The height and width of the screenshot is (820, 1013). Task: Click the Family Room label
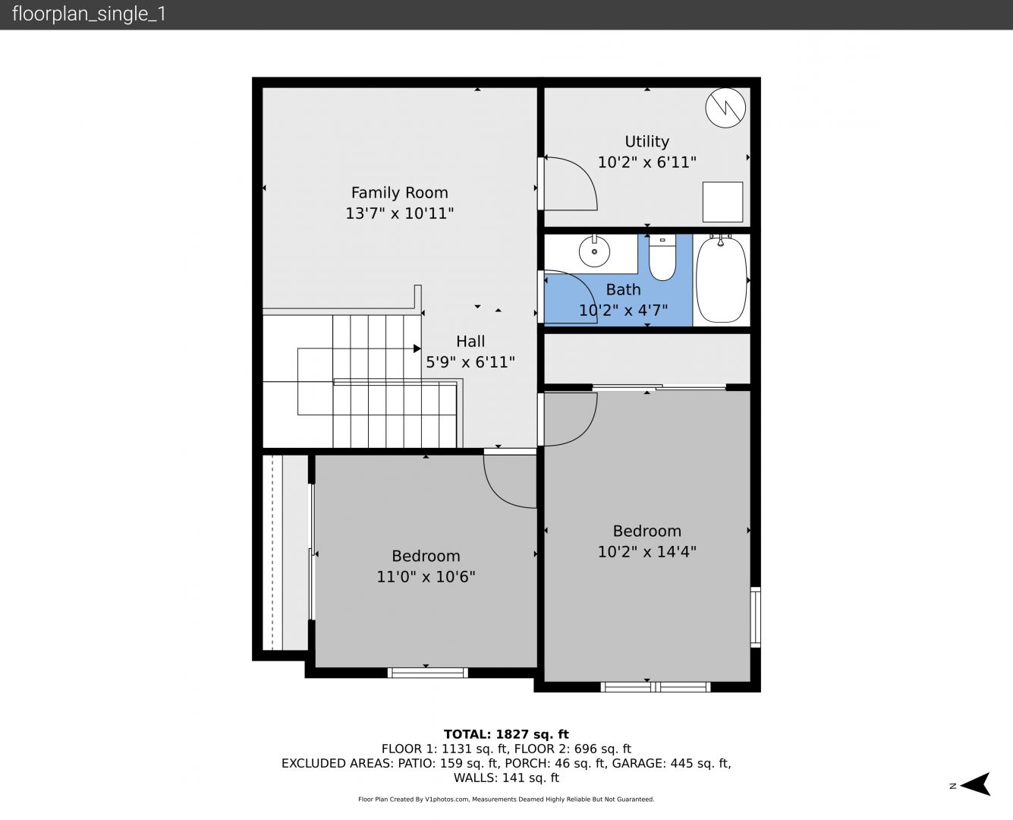pyautogui.click(x=399, y=193)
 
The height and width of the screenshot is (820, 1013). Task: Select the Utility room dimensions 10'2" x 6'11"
pyautogui.click(x=646, y=162)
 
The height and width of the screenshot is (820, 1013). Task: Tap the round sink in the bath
pyautogui.click(x=594, y=251)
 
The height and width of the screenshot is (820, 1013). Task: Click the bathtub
pyautogui.click(x=721, y=280)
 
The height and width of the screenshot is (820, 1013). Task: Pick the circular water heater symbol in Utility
pyautogui.click(x=725, y=108)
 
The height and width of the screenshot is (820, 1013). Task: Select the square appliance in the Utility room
pyautogui.click(x=723, y=202)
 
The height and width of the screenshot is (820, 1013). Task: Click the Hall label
pyautogui.click(x=470, y=341)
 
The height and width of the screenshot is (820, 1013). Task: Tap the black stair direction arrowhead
pyautogui.click(x=417, y=348)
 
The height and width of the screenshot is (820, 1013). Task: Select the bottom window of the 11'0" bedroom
pyautogui.click(x=427, y=673)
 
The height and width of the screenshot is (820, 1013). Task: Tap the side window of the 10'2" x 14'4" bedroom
pyautogui.click(x=755, y=617)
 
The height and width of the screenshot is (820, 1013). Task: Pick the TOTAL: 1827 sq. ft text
pyautogui.click(x=506, y=734)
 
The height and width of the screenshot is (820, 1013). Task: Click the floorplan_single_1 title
pyautogui.click(x=89, y=14)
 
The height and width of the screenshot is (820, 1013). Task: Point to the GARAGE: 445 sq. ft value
pyautogui.click(x=671, y=763)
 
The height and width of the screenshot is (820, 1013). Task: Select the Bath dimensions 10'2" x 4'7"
pyautogui.click(x=623, y=311)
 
